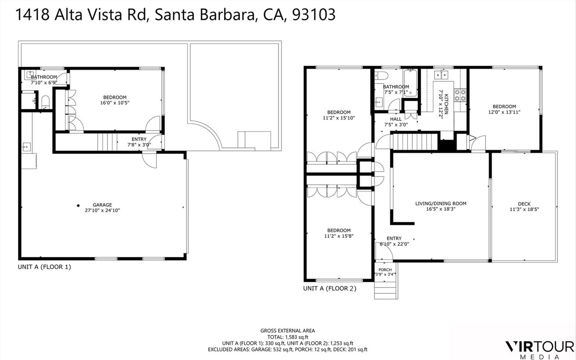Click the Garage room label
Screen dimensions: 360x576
pos(103,205)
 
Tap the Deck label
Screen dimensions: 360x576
pos(524,203)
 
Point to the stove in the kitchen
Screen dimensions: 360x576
pos(460,95)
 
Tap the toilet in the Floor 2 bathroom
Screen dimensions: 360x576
pos(378,75)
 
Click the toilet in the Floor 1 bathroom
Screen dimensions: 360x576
pos(45,103)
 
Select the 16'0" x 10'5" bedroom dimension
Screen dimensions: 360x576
pos(115,103)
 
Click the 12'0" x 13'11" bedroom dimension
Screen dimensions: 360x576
pos(504,112)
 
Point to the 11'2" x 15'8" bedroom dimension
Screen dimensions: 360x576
pos(338,236)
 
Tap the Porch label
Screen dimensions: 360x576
pos(385,270)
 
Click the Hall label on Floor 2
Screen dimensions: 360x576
pos(395,119)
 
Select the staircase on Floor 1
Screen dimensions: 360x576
pos(107,141)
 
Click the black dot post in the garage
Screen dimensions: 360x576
pos(78,206)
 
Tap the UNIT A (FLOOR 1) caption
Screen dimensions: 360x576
pos(44,267)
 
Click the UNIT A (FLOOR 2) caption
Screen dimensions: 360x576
pos(330,289)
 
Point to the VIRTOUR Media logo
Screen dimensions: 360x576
pos(539,348)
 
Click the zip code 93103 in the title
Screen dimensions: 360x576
pos(313,14)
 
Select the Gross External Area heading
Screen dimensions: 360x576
pos(288,330)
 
